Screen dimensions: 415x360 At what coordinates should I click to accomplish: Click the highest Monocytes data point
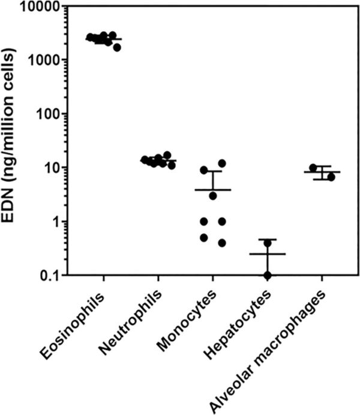[221, 163]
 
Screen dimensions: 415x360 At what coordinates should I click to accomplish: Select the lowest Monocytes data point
[221, 243]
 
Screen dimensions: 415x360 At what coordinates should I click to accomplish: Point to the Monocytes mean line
[212, 190]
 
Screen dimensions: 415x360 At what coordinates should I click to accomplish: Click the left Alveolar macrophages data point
[313, 168]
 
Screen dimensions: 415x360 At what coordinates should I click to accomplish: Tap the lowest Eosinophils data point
[118, 47]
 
